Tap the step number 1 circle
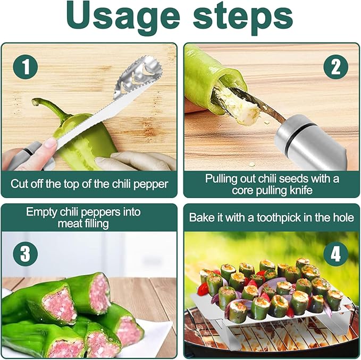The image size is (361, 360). click(25, 68)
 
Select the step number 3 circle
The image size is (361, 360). click(25, 254)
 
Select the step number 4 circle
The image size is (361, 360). click(335, 254)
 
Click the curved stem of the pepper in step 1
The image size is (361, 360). click(51, 106)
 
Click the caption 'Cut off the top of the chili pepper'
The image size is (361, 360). click(89, 185)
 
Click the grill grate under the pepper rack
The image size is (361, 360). click(276, 340)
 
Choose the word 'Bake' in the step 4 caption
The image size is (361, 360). click(202, 218)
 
